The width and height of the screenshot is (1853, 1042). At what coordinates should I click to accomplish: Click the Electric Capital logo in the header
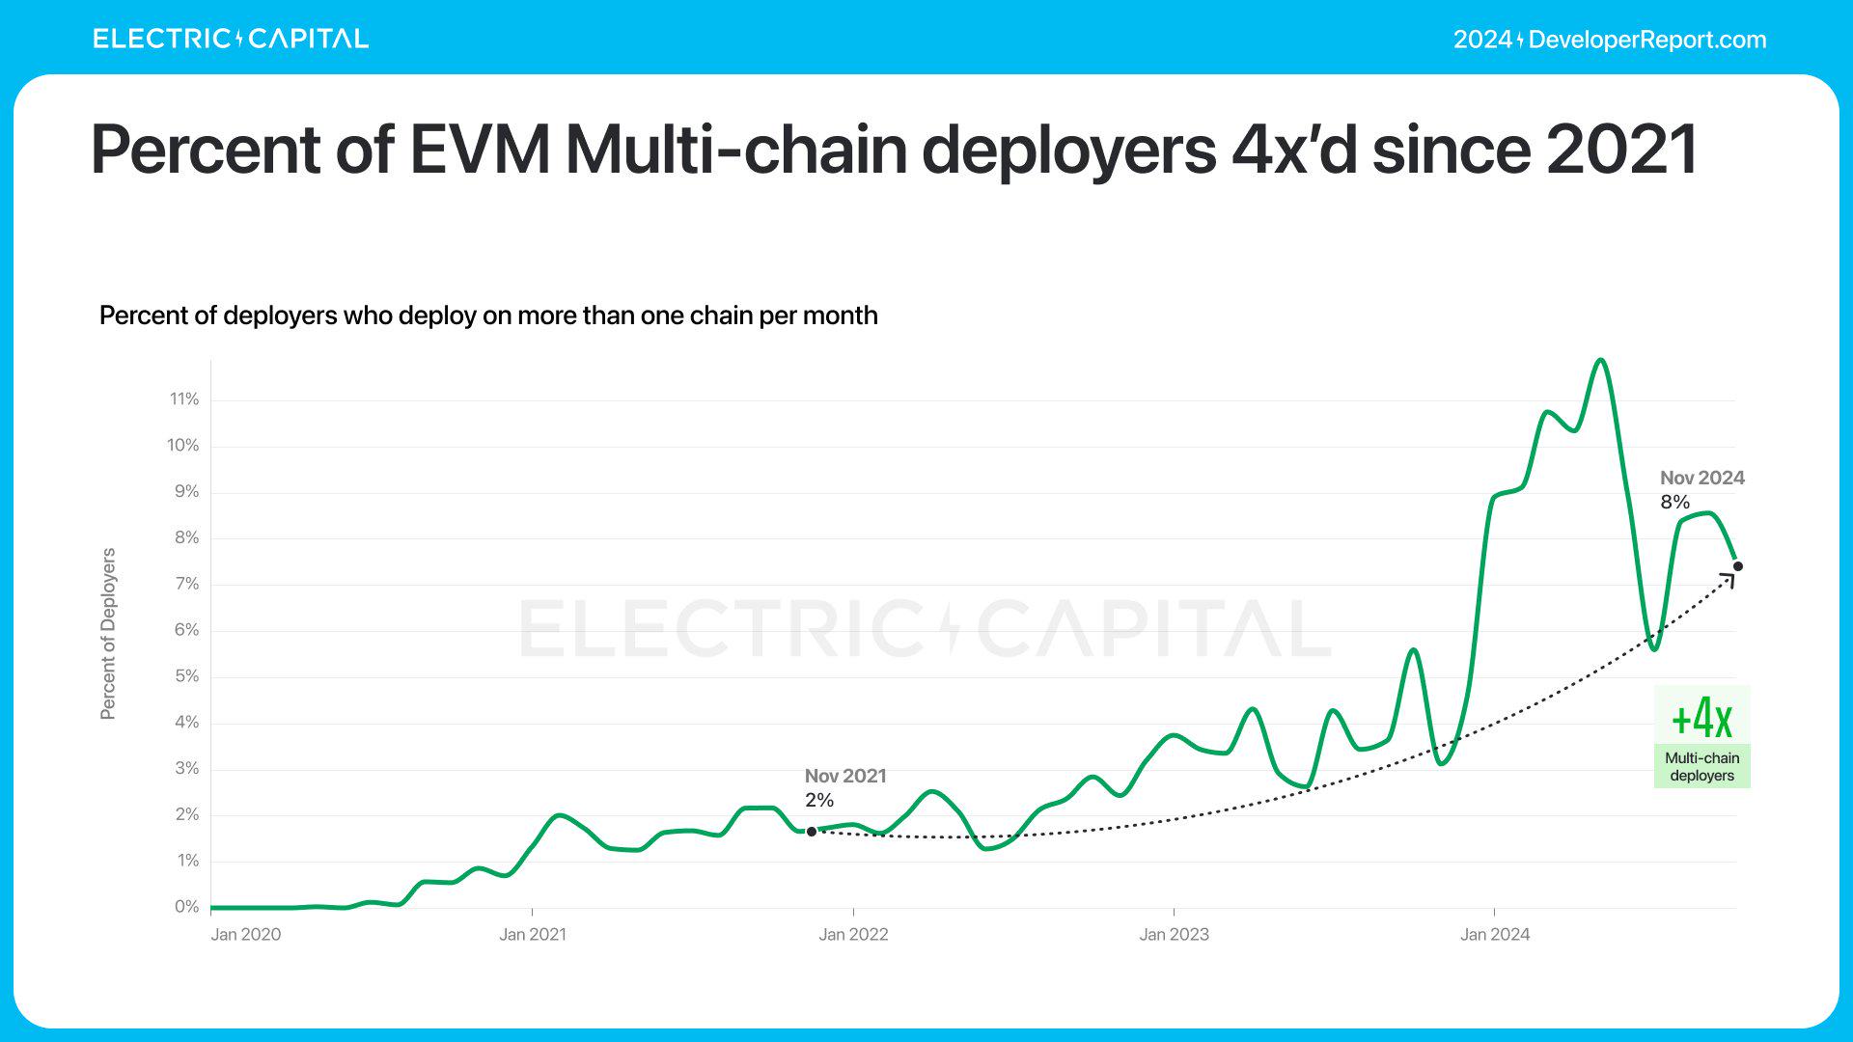click(x=231, y=39)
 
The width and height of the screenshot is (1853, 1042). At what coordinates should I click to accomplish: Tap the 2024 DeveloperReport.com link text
click(x=1610, y=40)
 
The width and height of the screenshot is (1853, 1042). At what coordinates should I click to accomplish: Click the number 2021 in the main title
click(x=1621, y=150)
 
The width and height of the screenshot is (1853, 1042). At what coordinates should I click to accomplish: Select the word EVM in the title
click(x=480, y=150)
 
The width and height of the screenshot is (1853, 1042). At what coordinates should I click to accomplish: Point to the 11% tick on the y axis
click(x=184, y=399)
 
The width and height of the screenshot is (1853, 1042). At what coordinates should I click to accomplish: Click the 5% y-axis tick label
click(x=186, y=676)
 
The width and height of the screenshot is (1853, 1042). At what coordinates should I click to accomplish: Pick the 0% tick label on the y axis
click(x=186, y=907)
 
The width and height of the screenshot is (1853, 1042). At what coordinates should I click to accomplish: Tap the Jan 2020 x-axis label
click(x=246, y=934)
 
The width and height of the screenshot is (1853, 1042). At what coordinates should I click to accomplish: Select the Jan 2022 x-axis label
click(x=853, y=934)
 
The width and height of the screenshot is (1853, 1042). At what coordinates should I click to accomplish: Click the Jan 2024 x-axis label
click(x=1495, y=934)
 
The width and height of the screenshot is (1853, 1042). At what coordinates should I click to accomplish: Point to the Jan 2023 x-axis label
click(x=1174, y=934)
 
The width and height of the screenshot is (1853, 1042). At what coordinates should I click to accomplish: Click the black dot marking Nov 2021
click(x=812, y=832)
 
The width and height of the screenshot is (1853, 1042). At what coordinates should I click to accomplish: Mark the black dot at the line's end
click(x=1738, y=566)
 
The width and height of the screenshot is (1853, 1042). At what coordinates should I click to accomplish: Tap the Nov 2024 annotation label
click(x=1701, y=478)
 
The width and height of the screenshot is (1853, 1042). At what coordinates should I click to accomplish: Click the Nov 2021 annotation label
click(x=845, y=776)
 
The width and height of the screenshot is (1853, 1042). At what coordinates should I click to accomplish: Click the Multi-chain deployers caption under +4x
click(x=1701, y=767)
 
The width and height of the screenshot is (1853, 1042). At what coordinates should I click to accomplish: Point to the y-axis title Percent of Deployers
click(x=108, y=634)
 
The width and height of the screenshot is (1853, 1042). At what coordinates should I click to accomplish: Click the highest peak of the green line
click(x=1601, y=360)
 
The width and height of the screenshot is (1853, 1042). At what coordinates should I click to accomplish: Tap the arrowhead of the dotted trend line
click(x=1729, y=579)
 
